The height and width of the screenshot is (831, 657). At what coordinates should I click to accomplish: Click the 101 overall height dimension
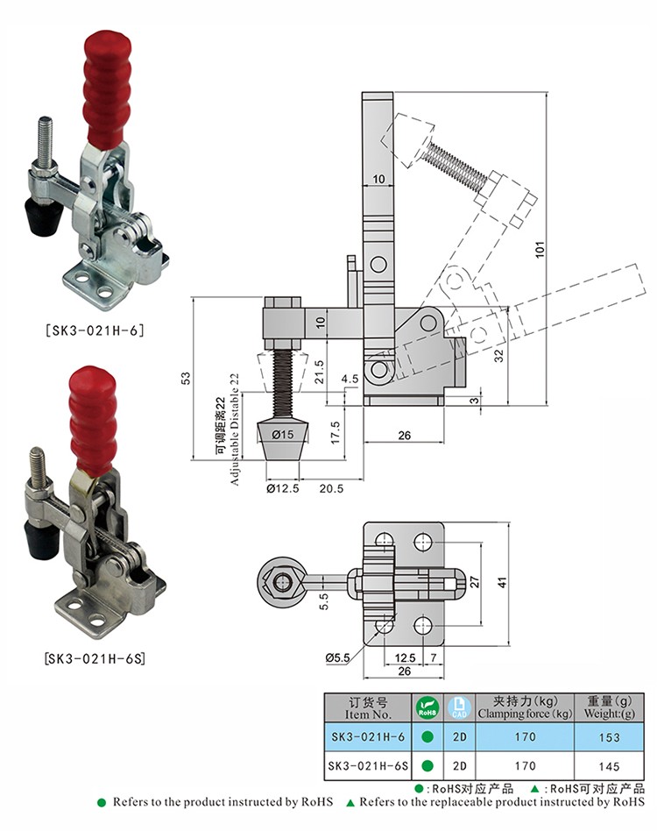(x=540, y=248)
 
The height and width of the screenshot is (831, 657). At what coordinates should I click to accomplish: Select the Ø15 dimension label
(x=282, y=434)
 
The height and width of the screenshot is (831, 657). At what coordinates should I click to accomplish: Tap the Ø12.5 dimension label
(x=283, y=488)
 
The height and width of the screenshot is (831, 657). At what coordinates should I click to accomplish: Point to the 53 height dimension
(x=185, y=378)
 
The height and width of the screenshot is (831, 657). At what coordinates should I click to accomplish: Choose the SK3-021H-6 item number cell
(x=368, y=738)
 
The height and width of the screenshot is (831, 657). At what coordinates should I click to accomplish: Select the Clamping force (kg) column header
(x=524, y=707)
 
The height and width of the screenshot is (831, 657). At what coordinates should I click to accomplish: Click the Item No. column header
(x=368, y=707)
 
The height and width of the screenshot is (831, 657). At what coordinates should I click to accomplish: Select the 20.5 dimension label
(x=331, y=488)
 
